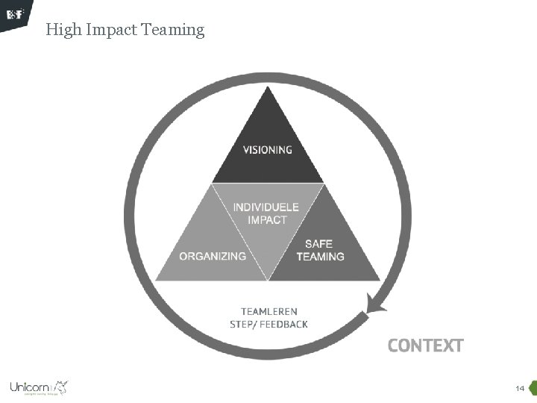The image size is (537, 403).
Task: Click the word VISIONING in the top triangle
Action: pyautogui.click(x=268, y=149)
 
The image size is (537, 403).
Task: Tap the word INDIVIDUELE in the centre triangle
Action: pyautogui.click(x=266, y=207)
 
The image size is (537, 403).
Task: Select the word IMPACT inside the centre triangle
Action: pyautogui.click(x=267, y=219)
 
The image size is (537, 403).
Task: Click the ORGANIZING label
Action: pyautogui.click(x=213, y=256)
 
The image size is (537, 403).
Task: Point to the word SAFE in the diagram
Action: pyautogui.click(x=318, y=244)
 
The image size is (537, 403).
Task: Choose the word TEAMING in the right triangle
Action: pyautogui.click(x=320, y=257)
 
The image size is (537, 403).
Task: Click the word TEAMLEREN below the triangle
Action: pyautogui.click(x=268, y=311)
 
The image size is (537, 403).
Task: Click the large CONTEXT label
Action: pyautogui.click(x=425, y=346)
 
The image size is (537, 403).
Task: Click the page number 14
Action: pyautogui.click(x=519, y=389)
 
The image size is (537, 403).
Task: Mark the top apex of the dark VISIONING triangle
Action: pyautogui.click(x=268, y=88)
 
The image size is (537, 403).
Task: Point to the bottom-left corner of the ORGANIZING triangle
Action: pyautogui.click(x=156, y=280)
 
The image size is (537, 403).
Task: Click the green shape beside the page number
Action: pyautogui.click(x=533, y=388)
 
